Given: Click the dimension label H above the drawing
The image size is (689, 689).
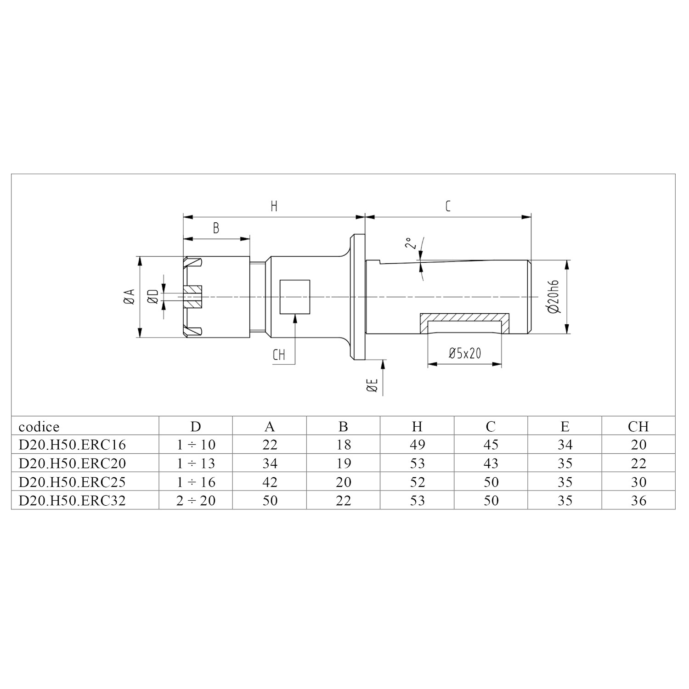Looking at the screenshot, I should click(274, 206).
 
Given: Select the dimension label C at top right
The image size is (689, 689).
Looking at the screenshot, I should click(448, 206).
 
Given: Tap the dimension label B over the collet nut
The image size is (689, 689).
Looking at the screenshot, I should click(216, 228).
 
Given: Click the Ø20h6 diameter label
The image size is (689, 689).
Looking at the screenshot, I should click(554, 297).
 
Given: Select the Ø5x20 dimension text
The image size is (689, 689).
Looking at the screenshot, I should click(464, 353).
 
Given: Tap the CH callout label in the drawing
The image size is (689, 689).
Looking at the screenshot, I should click(279, 355).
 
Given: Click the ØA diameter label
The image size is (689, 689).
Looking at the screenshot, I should click(130, 297).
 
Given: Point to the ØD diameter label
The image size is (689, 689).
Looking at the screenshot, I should click(153, 297).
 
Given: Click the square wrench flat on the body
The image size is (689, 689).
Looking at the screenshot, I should click(295, 297).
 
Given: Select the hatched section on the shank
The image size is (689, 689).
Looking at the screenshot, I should click(464, 318).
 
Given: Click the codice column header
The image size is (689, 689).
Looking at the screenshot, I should click(39, 427).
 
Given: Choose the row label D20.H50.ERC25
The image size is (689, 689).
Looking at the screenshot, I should click(72, 482).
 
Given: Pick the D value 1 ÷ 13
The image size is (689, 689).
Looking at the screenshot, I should click(196, 463).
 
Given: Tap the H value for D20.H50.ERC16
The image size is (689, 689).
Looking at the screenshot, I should click(417, 445).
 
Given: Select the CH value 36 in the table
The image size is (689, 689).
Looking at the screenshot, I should click(638, 500).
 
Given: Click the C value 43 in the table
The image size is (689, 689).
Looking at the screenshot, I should click(491, 463).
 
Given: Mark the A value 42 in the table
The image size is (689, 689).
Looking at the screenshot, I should click(270, 482).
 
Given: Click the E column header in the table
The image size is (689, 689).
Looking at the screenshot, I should click(565, 427).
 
